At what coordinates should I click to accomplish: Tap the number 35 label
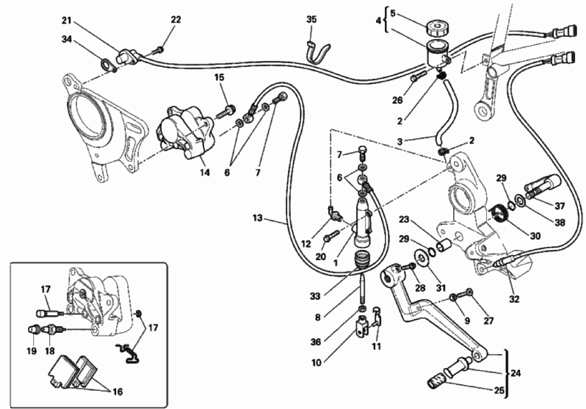[x=311, y=20]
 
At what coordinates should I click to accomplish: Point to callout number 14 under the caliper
[x=205, y=173]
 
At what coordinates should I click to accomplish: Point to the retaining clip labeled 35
[x=318, y=50]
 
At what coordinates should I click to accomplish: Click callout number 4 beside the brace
[x=378, y=21]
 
